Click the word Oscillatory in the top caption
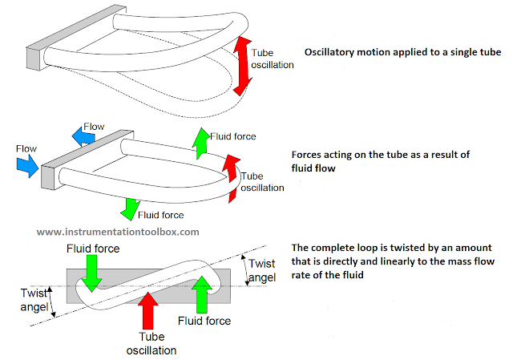click(331, 53)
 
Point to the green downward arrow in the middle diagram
click(127, 208)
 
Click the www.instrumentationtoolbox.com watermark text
click(118, 231)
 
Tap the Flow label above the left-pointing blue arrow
click(94, 126)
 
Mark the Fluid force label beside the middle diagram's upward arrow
click(232, 136)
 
